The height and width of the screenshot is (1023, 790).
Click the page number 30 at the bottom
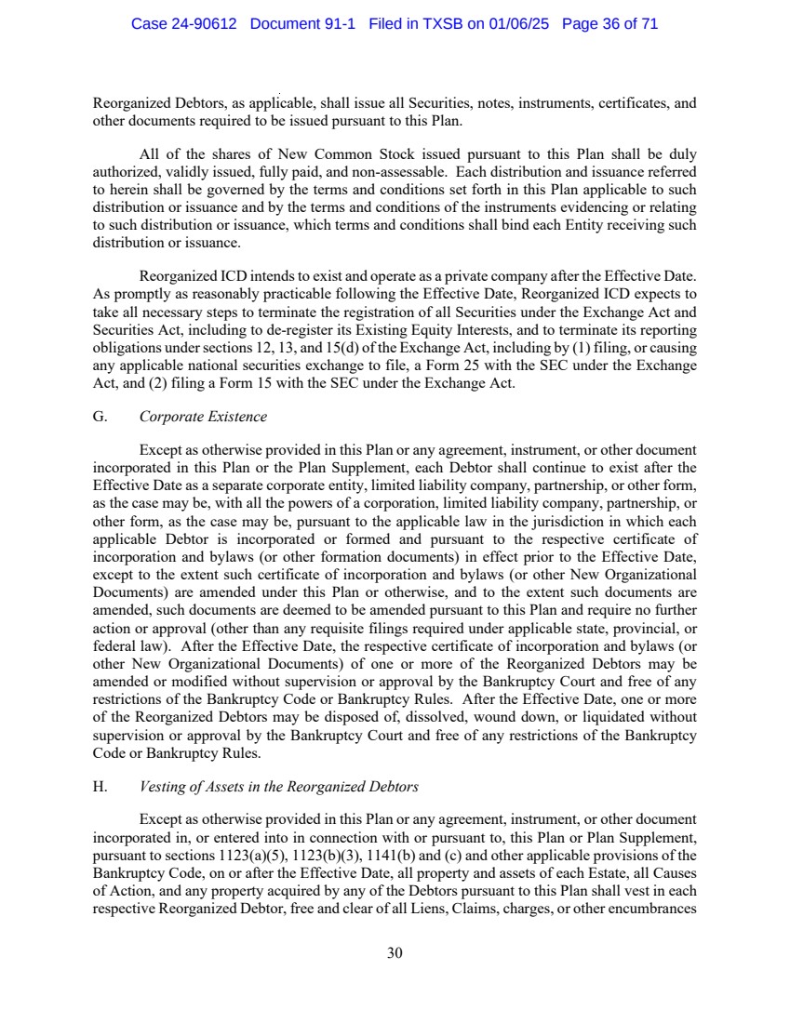tap(395, 952)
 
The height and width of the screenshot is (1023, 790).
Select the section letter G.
tap(99, 417)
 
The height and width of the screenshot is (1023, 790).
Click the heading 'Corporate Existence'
tap(203, 417)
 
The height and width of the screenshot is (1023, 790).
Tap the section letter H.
tap(99, 787)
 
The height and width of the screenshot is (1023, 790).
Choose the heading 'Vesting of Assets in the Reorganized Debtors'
tap(279, 787)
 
